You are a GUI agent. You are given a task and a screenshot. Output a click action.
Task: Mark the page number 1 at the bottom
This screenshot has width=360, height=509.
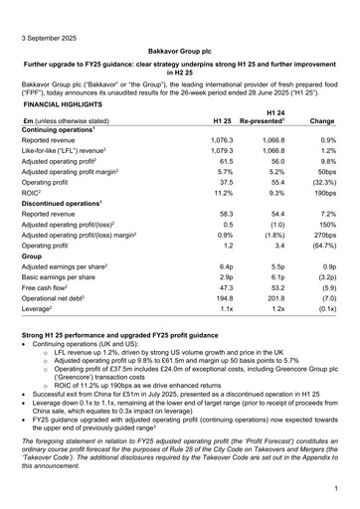point(337,489)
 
